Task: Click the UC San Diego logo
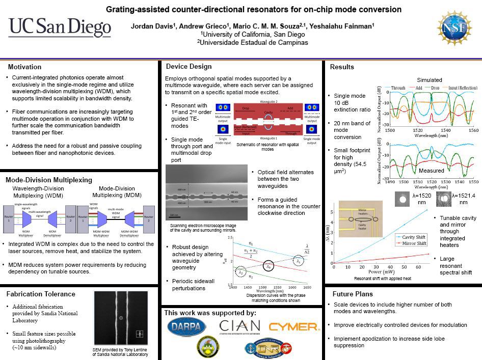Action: pyautogui.click(x=60, y=27)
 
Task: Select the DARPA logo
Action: pyautogui.click(x=186, y=326)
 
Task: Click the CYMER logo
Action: pyautogui.click(x=293, y=326)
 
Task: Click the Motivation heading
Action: pyautogui.click(x=25, y=67)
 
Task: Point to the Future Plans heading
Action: pyautogui.click(x=353, y=294)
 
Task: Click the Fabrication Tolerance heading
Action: pyautogui.click(x=41, y=294)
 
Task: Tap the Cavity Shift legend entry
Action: pyautogui.click(x=413, y=237)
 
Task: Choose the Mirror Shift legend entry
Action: pyautogui.click(x=413, y=243)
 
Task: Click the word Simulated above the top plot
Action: pyautogui.click(x=430, y=80)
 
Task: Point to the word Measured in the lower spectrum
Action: pyautogui.click(x=431, y=171)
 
